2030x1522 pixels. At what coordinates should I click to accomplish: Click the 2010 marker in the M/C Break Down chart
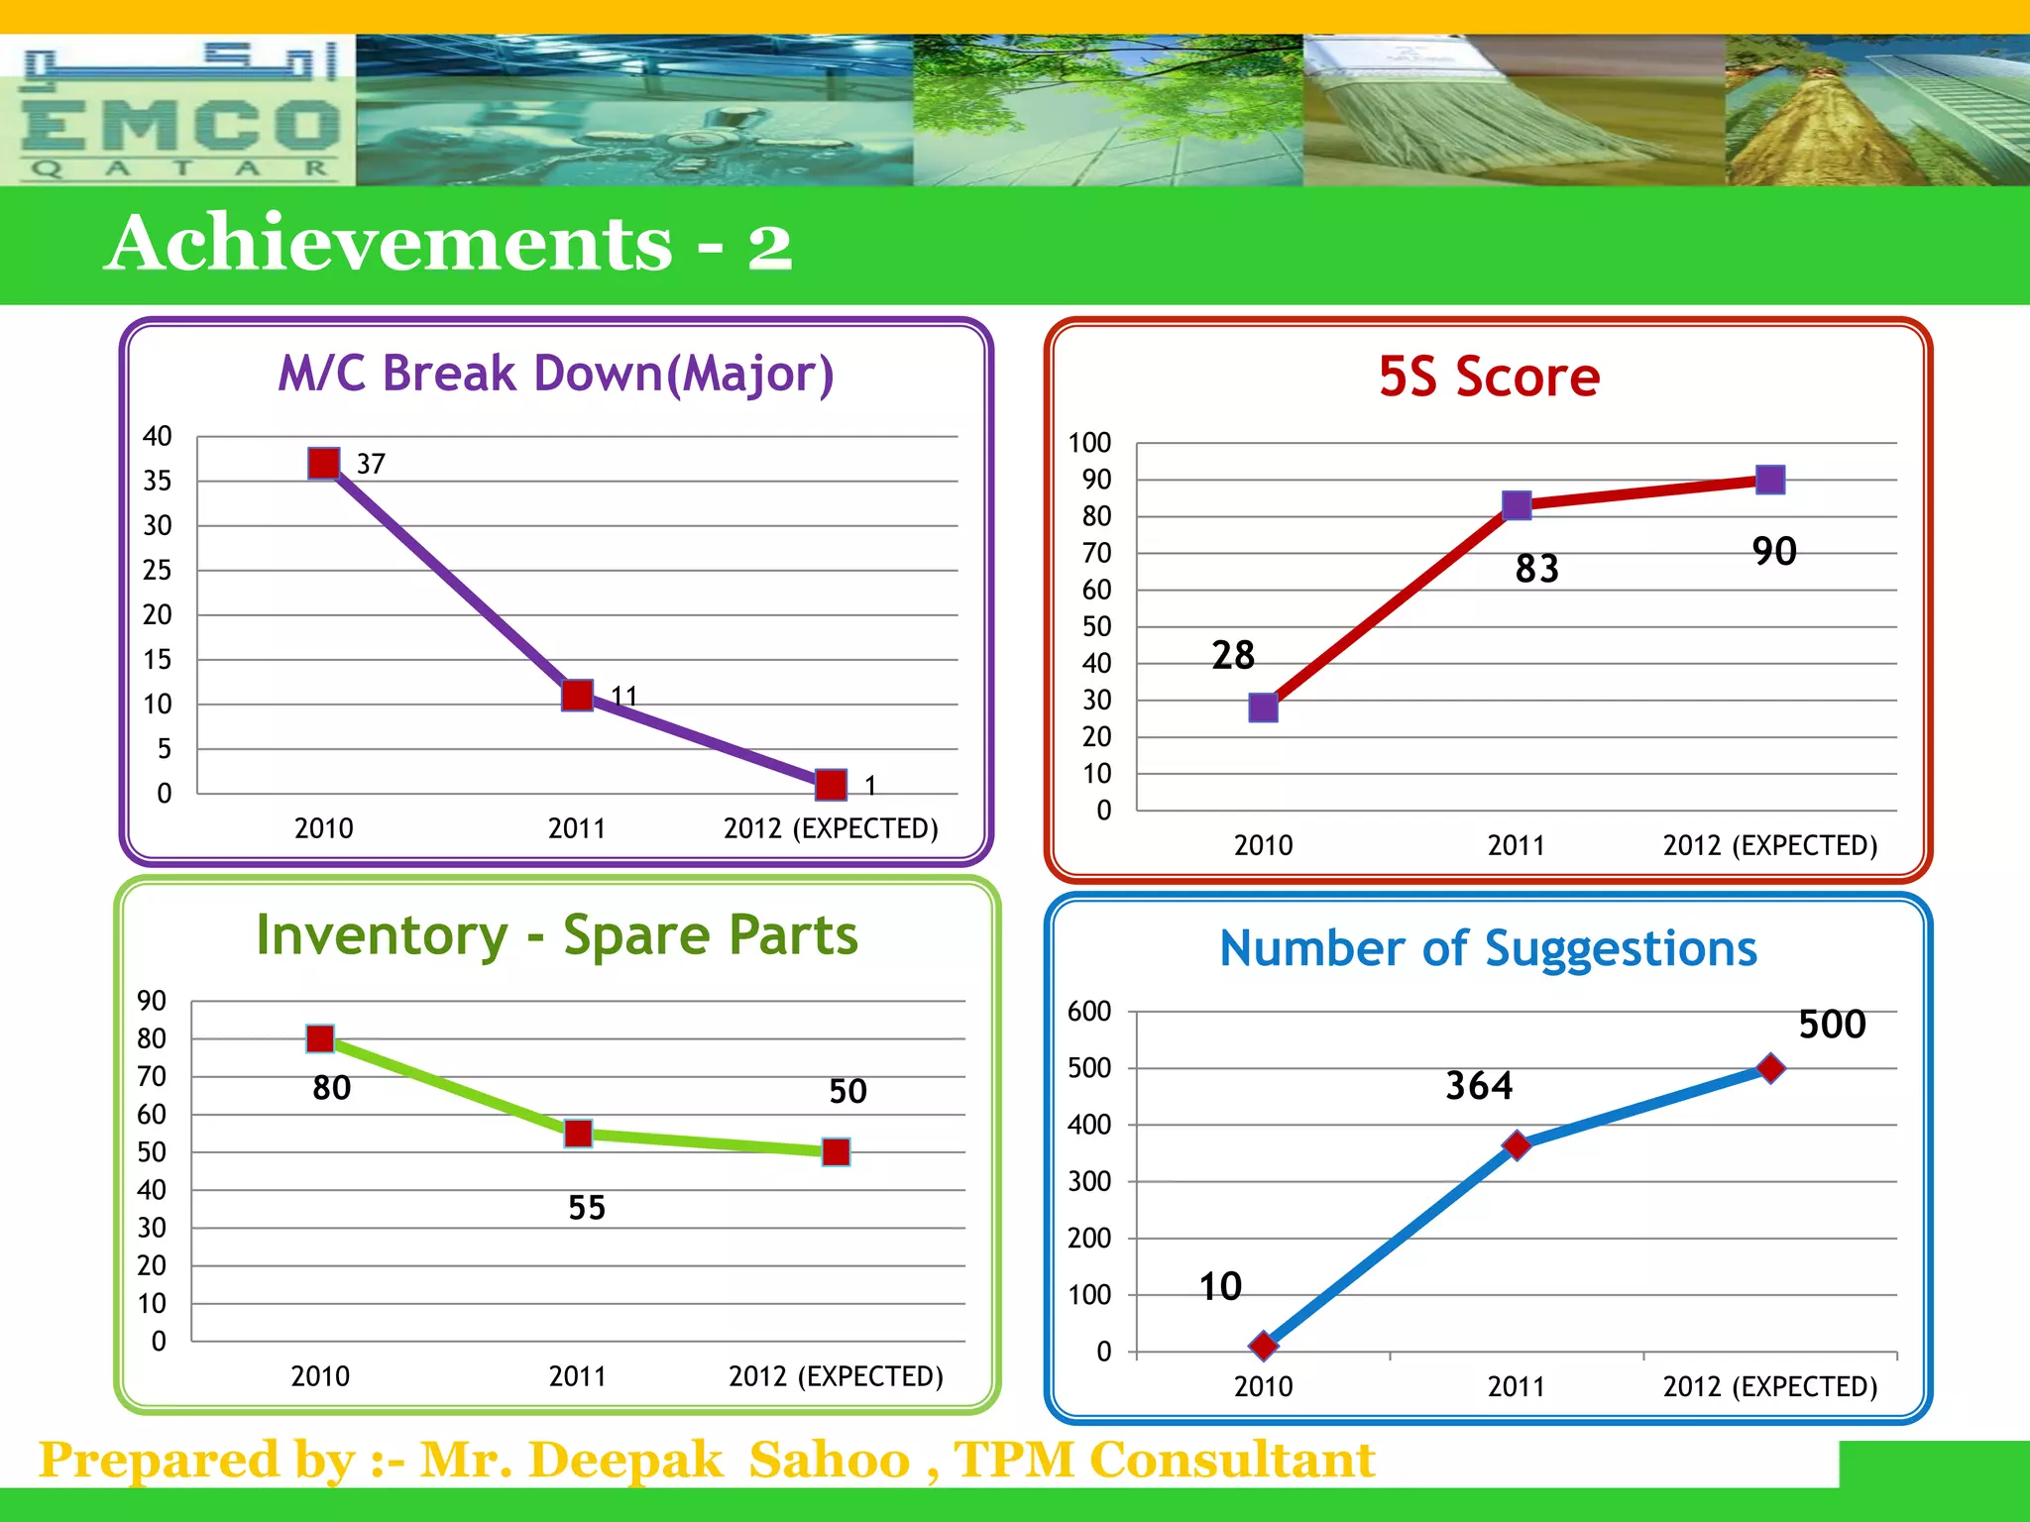(324, 463)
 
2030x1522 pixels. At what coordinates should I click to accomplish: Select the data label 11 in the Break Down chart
(623, 696)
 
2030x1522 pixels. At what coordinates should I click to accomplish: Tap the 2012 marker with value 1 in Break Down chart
(831, 785)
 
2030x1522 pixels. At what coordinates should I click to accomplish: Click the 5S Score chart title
(1489, 378)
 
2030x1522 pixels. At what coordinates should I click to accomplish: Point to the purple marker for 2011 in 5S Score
(1517, 505)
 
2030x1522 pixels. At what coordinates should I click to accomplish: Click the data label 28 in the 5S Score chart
(1233, 655)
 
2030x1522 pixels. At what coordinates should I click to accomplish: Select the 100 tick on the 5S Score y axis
(1089, 443)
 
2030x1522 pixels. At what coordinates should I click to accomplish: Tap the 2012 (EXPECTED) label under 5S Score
(1770, 845)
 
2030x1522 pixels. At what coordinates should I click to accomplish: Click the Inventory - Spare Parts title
(557, 935)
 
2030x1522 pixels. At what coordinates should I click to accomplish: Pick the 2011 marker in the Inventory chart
(578, 1134)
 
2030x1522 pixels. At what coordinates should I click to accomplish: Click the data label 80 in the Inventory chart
(332, 1088)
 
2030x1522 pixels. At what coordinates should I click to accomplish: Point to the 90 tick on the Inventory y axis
(152, 1001)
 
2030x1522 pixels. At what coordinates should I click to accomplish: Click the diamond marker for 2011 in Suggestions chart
(1517, 1145)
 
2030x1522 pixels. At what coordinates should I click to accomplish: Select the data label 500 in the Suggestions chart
(1832, 1025)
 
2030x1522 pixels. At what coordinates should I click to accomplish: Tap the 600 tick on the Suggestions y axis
(1089, 1012)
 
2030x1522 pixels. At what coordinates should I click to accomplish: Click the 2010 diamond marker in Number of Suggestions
(1264, 1346)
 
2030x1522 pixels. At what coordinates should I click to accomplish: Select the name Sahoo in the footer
(829, 1460)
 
